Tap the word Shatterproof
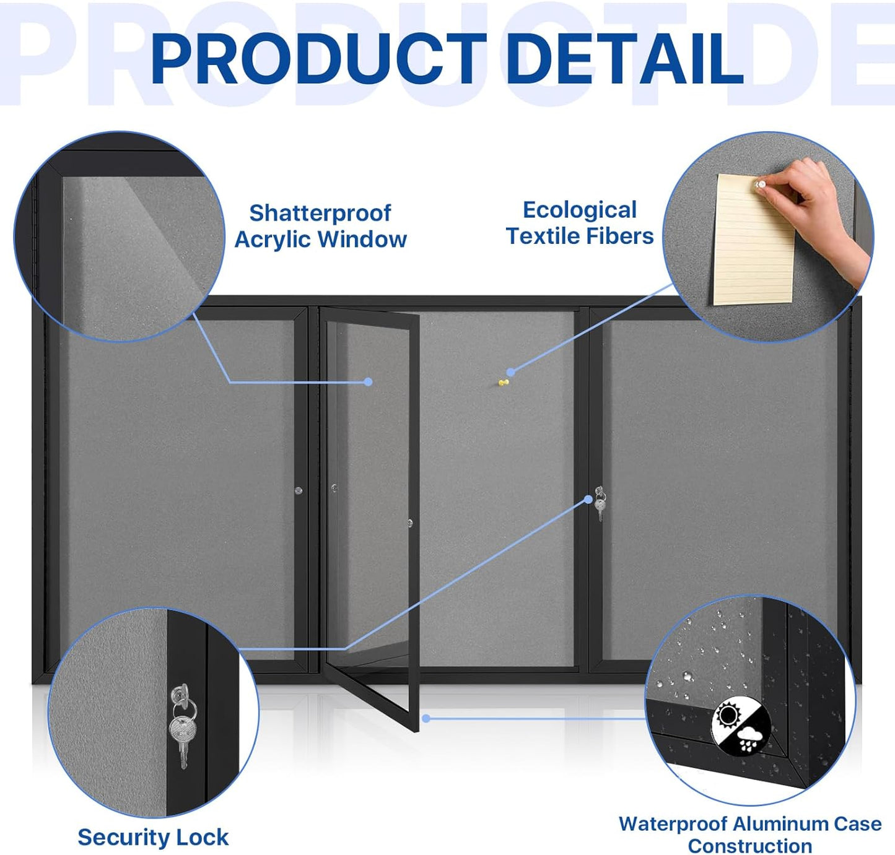320,213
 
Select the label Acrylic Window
320,240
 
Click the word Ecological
579,210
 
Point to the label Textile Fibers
579,237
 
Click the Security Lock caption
153,837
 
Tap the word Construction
749,846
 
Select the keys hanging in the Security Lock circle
181,724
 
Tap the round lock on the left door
299,490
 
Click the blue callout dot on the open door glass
368,382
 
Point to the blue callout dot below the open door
426,718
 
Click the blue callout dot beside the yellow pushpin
510,372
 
